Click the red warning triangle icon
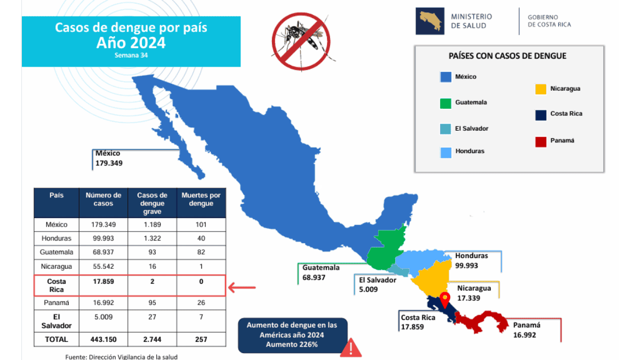click(x=351, y=348)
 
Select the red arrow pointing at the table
click(x=242, y=288)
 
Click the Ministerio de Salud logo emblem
click(x=430, y=21)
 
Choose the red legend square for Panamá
click(x=540, y=141)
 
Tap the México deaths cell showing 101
click(x=201, y=224)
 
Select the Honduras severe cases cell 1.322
click(x=152, y=238)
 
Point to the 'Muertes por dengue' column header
click(x=201, y=199)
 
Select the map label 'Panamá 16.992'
click(x=526, y=330)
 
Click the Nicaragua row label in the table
click(x=56, y=266)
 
